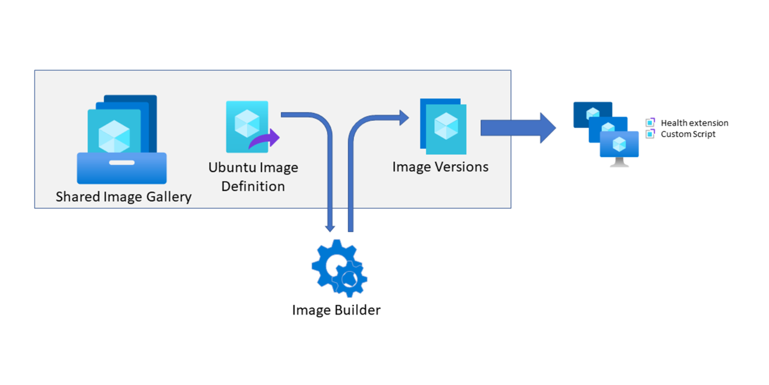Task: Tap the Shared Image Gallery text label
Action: click(123, 197)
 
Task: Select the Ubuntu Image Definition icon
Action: click(247, 127)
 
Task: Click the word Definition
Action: click(253, 186)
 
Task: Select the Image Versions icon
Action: click(443, 126)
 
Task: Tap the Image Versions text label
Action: click(440, 167)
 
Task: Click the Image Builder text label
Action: click(336, 310)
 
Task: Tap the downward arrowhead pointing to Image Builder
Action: click(329, 227)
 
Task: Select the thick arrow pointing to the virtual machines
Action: click(518, 128)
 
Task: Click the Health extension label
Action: click(694, 123)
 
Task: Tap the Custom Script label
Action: click(688, 134)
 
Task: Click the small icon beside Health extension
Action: click(650, 123)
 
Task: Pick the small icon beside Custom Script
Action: click(650, 134)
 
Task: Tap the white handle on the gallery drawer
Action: click(121, 162)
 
